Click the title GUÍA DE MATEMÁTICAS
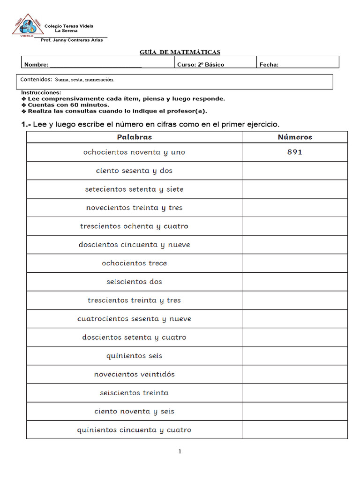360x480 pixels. pyautogui.click(x=180, y=52)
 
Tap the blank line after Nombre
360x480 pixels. pyautogui.click(x=96, y=65)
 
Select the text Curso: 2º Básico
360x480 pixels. pyautogui.click(x=200, y=65)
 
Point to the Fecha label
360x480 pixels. pyautogui.click(x=269, y=65)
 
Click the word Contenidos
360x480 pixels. pyautogui.click(x=36, y=80)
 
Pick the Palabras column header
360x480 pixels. pyautogui.click(x=134, y=137)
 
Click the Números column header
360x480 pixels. pyautogui.click(x=294, y=137)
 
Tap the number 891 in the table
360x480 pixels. pyautogui.click(x=294, y=152)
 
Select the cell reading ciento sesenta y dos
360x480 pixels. pyautogui.click(x=134, y=171)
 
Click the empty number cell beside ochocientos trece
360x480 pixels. pyautogui.click(x=294, y=263)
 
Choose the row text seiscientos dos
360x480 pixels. pyautogui.click(x=134, y=282)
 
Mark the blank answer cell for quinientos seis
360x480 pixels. pyautogui.click(x=294, y=356)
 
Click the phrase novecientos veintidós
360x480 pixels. pyautogui.click(x=134, y=374)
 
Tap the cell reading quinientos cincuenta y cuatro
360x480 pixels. pyautogui.click(x=134, y=430)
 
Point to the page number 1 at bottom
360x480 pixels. pyautogui.click(x=180, y=451)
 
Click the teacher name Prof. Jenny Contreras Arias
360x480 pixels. pyautogui.click(x=72, y=40)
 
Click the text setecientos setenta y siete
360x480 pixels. pyautogui.click(x=134, y=189)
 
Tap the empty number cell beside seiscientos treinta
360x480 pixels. pyautogui.click(x=294, y=393)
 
